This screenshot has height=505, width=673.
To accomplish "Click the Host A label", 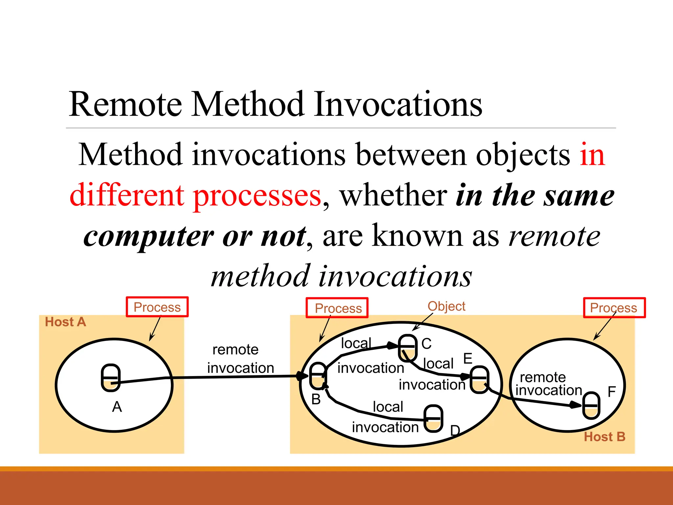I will [x=65, y=322].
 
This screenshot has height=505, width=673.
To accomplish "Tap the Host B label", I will [x=604, y=437].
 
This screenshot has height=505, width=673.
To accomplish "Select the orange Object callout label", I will [x=446, y=306].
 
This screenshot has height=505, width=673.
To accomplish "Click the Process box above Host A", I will [x=157, y=307].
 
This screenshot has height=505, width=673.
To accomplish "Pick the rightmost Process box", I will [x=614, y=308].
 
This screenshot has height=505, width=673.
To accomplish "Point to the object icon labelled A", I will [x=111, y=378].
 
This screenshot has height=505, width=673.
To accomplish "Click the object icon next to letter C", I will [x=407, y=348].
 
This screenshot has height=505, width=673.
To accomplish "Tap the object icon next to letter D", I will [x=433, y=419].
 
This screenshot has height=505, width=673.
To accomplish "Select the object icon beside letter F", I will [x=591, y=405].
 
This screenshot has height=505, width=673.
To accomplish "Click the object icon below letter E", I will [x=479, y=379].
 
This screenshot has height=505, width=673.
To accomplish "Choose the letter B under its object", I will [x=316, y=399].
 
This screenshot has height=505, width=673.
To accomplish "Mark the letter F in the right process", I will [x=611, y=392].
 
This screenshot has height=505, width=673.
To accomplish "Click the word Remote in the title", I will [x=125, y=105].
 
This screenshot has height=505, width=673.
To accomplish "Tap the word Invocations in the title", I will [x=398, y=105].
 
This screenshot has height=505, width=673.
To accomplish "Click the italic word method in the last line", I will [x=260, y=276].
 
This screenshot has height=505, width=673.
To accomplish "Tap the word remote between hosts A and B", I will [x=235, y=350].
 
